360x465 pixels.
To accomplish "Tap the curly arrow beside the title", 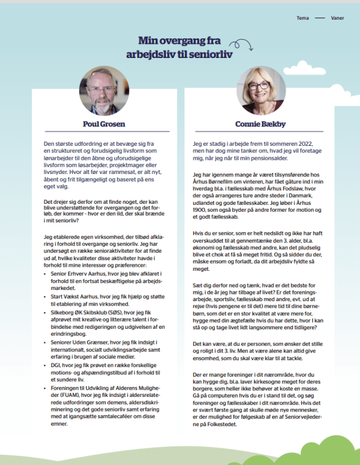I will pos(243,44).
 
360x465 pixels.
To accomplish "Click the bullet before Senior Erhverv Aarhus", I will pos(45,273).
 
